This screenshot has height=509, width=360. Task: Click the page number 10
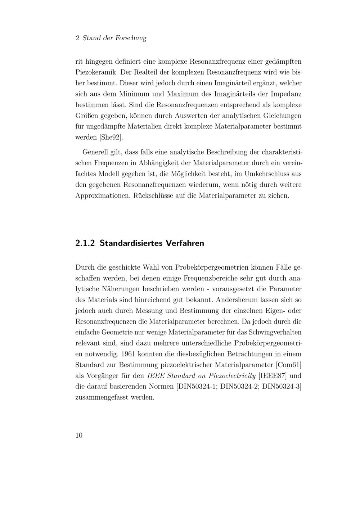79,435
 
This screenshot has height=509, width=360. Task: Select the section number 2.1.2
85,243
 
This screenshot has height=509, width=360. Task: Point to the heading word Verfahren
185,243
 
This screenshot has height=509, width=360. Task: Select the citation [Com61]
288,365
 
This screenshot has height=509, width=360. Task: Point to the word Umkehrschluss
267,174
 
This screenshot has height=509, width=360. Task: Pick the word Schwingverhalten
276,332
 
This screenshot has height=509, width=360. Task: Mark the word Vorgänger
102,376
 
